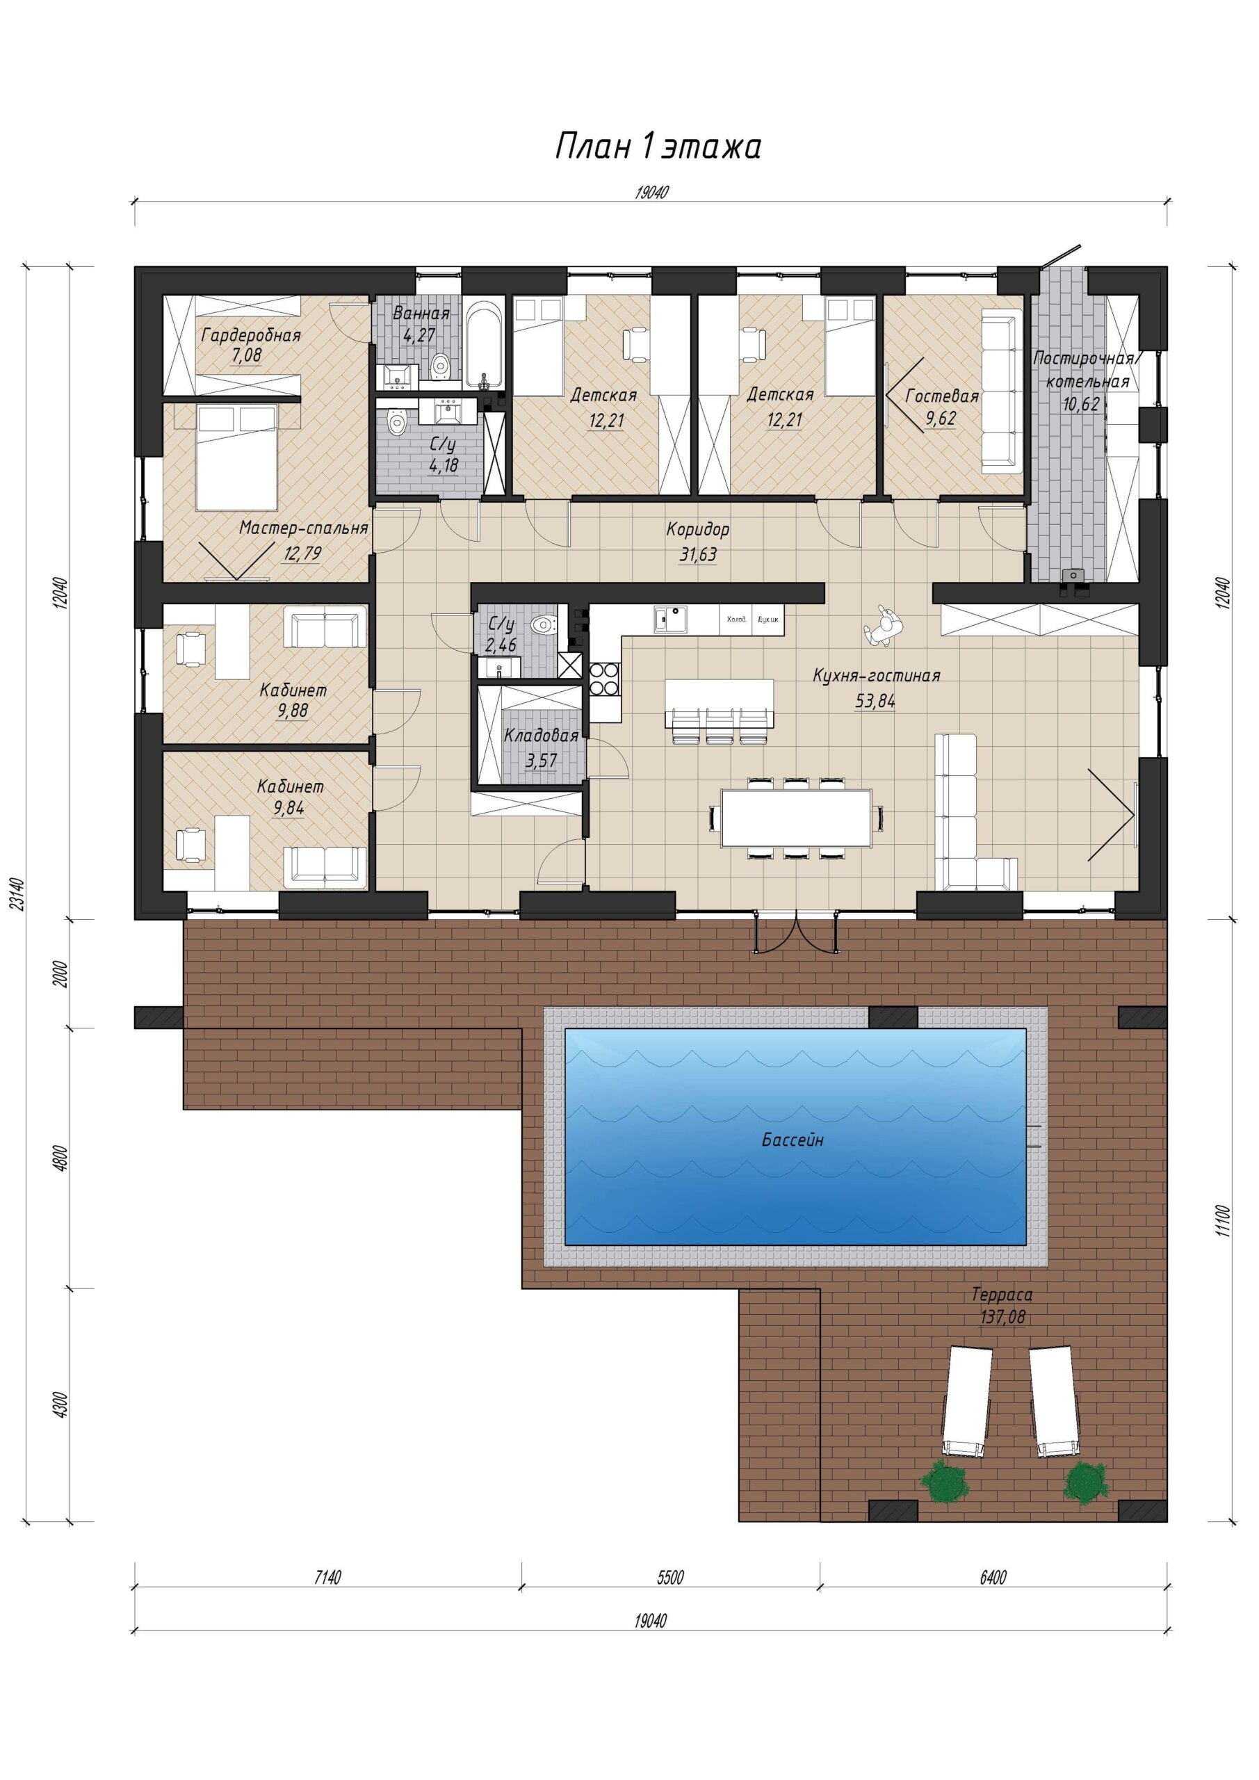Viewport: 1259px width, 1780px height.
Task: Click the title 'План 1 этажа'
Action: (658, 147)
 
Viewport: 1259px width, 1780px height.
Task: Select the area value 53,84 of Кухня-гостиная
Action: (875, 701)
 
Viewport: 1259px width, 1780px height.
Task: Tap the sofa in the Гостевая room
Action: (1003, 391)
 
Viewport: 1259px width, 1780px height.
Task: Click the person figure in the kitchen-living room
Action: (882, 626)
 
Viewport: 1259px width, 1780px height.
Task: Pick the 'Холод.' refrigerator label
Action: (736, 620)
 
